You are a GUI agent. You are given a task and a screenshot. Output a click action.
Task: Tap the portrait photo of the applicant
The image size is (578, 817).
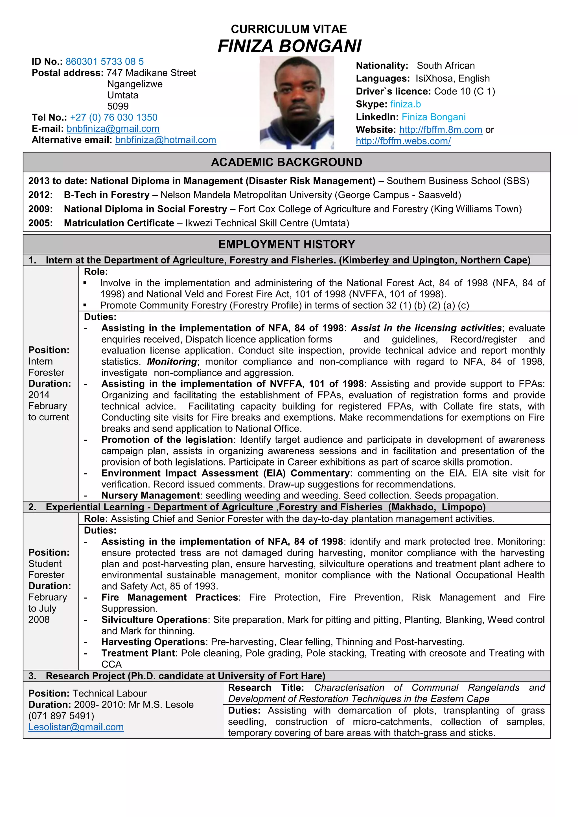pyautogui.click(x=296, y=102)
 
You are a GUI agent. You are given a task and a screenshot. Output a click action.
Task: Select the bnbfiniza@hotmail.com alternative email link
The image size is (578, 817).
pyautogui.click(x=165, y=140)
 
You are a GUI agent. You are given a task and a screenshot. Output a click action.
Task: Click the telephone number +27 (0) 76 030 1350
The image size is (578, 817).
pyautogui.click(x=113, y=117)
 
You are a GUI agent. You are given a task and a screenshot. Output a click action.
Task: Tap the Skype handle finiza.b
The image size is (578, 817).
pyautogui.click(x=405, y=104)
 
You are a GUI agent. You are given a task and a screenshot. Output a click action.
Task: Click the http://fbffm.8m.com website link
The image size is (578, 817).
pyautogui.click(x=440, y=130)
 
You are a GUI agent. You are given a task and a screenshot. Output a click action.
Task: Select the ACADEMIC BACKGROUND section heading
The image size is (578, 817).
pyautogui.click(x=286, y=162)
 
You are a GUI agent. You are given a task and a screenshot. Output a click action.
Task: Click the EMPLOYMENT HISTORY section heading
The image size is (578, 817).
pyautogui.click(x=286, y=244)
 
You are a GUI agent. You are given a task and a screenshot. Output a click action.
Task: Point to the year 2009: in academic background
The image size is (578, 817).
pyautogui.click(x=40, y=209)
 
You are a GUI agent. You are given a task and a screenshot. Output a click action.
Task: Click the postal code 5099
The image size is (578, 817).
pyautogui.click(x=118, y=106)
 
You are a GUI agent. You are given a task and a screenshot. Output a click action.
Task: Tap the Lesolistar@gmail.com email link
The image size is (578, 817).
pyautogui.click(x=76, y=727)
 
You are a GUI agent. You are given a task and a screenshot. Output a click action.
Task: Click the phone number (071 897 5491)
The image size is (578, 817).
pyautogui.click(x=61, y=716)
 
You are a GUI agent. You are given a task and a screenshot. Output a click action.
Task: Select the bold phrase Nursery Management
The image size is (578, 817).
pyautogui.click(x=150, y=495)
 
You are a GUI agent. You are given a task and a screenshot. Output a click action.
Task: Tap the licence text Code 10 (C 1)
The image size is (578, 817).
pyautogui.click(x=464, y=91)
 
